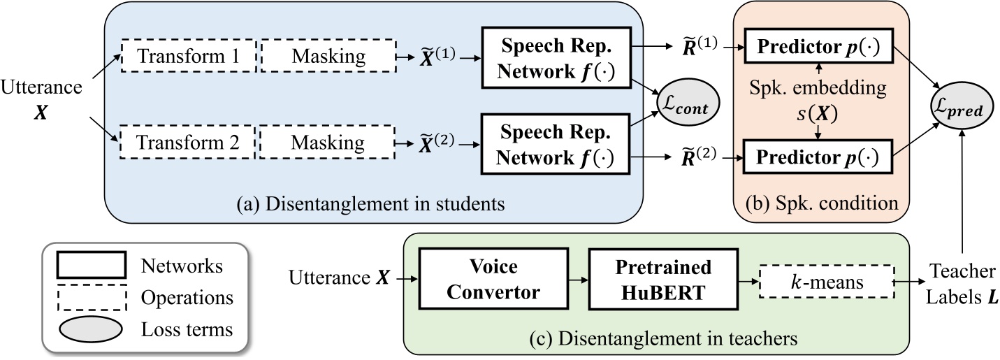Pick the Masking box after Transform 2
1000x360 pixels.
point(327,143)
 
